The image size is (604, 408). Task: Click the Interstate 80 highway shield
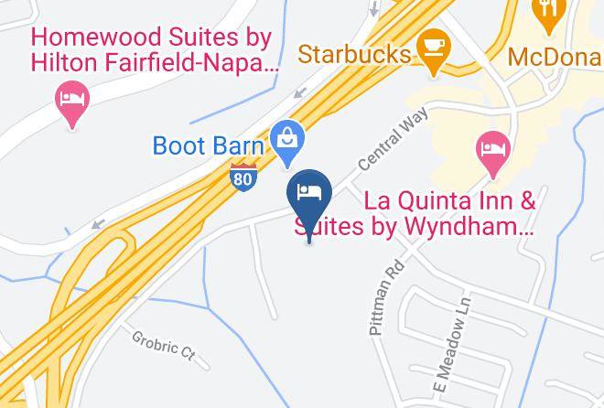pyautogui.click(x=243, y=176)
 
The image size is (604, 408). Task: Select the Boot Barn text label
pyautogui.click(x=208, y=146)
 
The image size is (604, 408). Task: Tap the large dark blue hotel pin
pyautogui.click(x=309, y=195)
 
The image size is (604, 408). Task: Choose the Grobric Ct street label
pyautogui.click(x=164, y=346)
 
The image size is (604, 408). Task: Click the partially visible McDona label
pyautogui.click(x=555, y=56)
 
